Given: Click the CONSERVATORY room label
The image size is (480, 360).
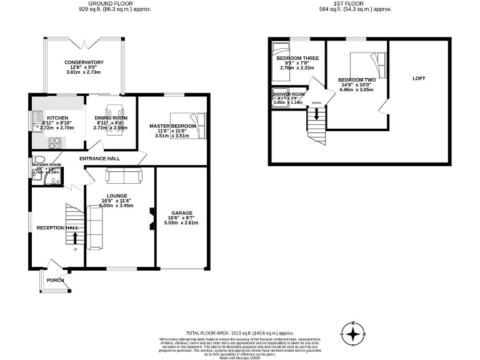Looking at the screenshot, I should click(x=84, y=62).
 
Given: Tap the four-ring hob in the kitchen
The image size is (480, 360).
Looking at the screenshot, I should click(x=52, y=142).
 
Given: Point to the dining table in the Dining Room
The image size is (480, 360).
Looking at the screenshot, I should click(x=113, y=119).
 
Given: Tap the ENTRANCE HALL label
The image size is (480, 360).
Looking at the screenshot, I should click(x=99, y=159).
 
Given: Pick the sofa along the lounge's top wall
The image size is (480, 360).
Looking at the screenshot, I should click(x=124, y=176).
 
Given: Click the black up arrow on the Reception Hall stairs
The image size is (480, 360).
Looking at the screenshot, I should click(x=76, y=237).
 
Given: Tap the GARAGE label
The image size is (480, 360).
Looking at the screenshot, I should click(x=182, y=212).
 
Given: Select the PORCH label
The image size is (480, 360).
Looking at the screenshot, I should click(x=55, y=280).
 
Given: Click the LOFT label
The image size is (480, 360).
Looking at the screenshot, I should click(x=419, y=79).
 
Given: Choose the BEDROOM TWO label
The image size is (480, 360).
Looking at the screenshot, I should click(x=356, y=80).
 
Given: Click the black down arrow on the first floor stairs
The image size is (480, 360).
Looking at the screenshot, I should click(x=316, y=114).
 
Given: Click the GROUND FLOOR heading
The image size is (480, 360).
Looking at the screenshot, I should click(x=115, y=4).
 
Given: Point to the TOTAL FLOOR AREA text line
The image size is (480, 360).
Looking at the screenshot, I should click(x=239, y=333).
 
